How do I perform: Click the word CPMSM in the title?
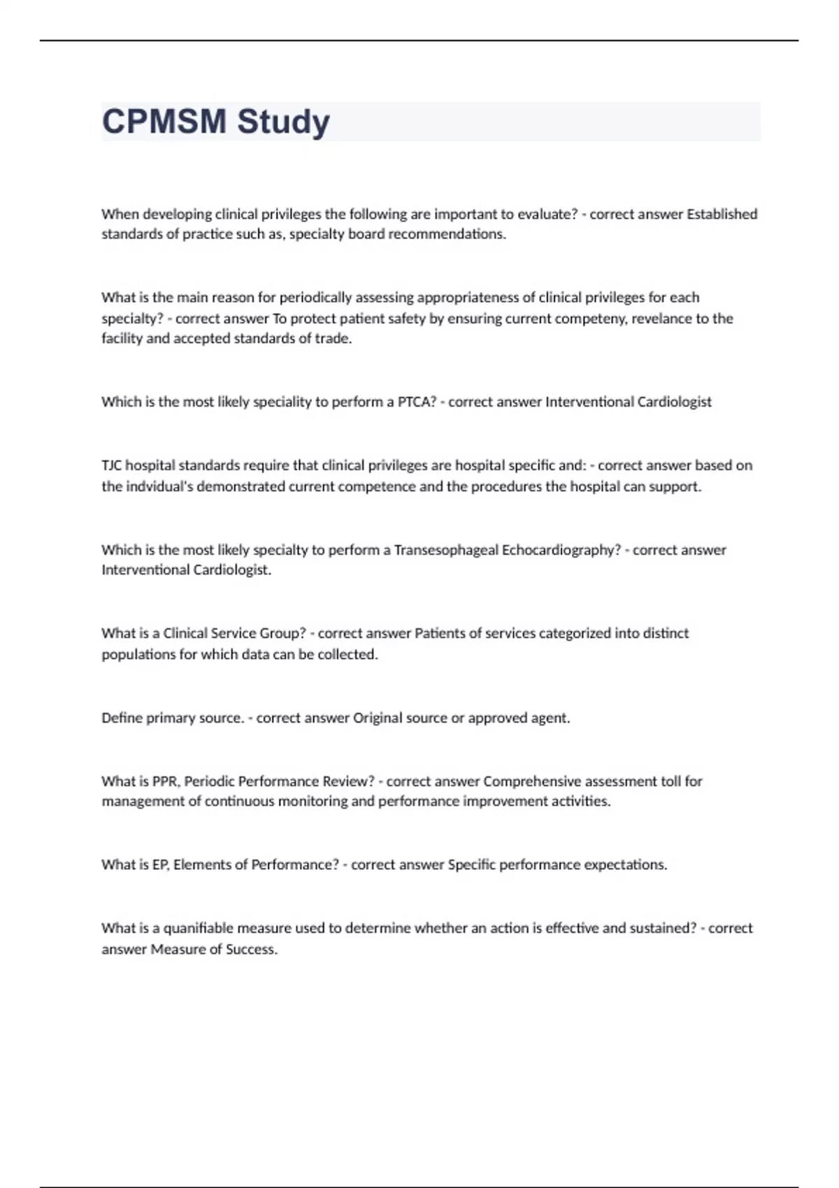(164, 122)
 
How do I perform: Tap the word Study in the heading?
(283, 122)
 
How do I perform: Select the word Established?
(722, 214)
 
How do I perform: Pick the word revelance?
(661, 319)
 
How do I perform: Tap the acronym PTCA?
(417, 402)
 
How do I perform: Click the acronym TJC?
(111, 465)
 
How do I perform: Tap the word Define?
(122, 718)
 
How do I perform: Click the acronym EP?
(160, 865)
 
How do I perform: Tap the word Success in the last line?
(251, 950)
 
